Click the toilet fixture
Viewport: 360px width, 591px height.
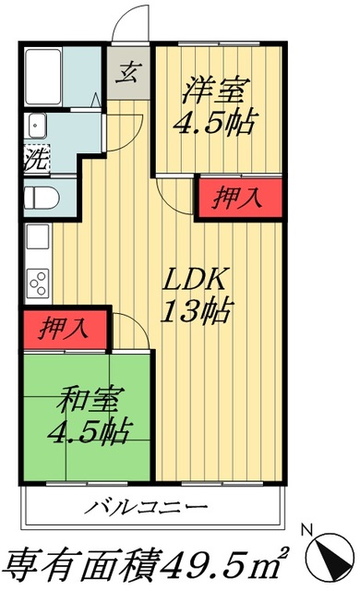(x=41, y=198)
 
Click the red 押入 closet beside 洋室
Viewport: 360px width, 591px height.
(x=238, y=198)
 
